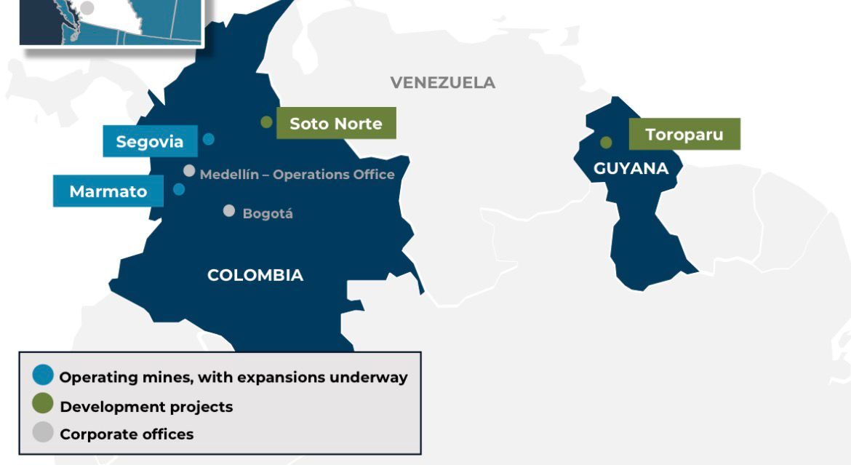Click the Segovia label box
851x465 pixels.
click(150, 141)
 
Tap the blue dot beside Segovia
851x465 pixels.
click(209, 139)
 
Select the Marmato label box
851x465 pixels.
click(108, 191)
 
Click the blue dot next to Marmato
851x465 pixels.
click(179, 190)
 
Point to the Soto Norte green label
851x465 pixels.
click(336, 123)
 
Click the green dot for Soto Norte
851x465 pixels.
click(267, 122)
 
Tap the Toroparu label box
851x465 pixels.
click(684, 134)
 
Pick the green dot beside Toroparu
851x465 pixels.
click(606, 143)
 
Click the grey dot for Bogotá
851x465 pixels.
click(229, 211)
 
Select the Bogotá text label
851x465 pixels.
click(268, 214)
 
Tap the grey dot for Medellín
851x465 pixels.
click(189, 171)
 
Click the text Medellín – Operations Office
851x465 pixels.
click(297, 175)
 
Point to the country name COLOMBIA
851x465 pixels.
click(255, 275)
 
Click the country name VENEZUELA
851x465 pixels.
click(442, 82)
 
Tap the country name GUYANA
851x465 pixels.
click(631, 168)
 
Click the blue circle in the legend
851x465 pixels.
click(44, 375)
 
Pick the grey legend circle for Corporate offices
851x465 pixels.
click(44, 432)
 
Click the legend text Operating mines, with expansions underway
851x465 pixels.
click(233, 377)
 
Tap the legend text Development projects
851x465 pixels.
click(146, 406)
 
